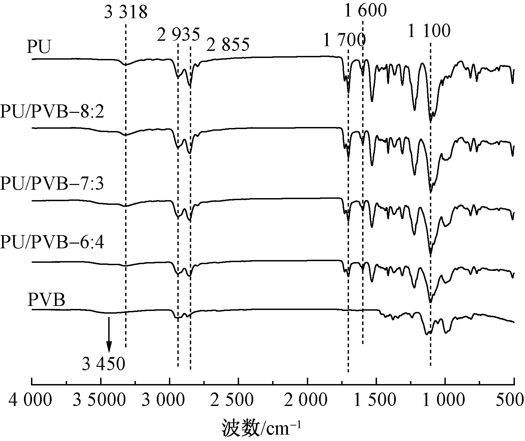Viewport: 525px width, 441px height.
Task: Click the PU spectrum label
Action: point(39,47)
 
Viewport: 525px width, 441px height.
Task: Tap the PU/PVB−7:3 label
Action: point(52,184)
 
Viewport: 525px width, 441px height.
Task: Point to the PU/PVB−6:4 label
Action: point(52,243)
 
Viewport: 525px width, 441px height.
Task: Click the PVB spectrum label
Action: point(46,300)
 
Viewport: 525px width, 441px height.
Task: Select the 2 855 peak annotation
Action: point(228,45)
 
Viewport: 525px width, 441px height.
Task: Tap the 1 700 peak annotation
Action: point(344,41)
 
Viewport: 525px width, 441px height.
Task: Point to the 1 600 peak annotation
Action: point(366,10)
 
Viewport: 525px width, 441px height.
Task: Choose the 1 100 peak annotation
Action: point(429,31)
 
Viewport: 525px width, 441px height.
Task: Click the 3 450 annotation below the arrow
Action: point(104,364)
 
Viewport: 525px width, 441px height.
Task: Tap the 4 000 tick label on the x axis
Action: point(30,400)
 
